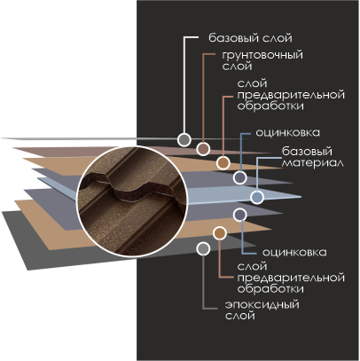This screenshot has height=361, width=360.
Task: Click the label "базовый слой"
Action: click(250, 38)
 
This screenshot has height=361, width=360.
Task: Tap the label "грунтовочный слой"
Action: click(262, 60)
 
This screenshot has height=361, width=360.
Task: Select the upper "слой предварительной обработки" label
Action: click(291, 95)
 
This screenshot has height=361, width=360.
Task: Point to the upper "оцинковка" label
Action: click(287, 133)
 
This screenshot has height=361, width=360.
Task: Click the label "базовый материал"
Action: click(313, 157)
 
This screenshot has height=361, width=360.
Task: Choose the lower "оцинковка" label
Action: click(294, 253)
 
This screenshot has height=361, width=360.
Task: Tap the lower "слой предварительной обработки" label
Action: click(291, 278)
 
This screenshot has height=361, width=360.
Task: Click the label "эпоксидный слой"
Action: click(262, 310)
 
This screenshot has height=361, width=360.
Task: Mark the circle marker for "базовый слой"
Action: click(184, 139)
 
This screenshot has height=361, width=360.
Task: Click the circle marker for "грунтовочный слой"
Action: click(203, 149)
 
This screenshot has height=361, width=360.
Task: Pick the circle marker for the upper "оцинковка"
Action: click(239, 177)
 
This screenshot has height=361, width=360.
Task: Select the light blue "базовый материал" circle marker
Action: click(257, 197)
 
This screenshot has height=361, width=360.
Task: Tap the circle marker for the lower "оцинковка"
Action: click(239, 215)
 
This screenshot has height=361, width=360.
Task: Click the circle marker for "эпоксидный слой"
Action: click(203, 249)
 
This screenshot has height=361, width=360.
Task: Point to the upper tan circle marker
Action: click(223, 163)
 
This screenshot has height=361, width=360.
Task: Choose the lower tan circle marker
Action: click(220, 233)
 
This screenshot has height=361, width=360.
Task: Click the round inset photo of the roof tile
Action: click(132, 201)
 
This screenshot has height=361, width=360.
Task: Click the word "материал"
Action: click(313, 163)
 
